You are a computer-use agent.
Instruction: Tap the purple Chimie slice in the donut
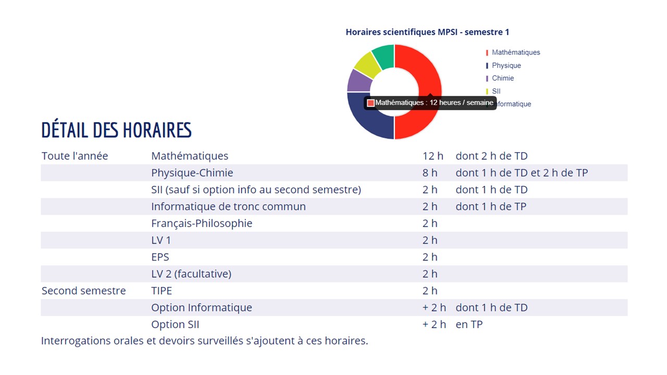(x=359, y=81)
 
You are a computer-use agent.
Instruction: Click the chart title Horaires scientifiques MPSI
(x=427, y=32)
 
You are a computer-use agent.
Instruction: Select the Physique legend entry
(x=506, y=66)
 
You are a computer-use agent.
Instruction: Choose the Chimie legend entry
(x=502, y=78)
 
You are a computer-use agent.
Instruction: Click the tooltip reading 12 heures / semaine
(x=430, y=103)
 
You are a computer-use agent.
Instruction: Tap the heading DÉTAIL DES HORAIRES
(x=116, y=130)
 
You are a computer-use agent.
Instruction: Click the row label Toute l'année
(x=75, y=156)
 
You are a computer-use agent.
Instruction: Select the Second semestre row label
(x=83, y=291)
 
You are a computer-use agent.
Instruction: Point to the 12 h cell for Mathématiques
(x=433, y=156)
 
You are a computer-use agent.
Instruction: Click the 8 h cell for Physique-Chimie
(x=430, y=173)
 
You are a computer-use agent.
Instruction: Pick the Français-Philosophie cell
(x=202, y=223)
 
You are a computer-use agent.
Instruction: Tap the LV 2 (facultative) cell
(x=191, y=274)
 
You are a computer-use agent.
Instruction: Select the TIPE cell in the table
(x=162, y=291)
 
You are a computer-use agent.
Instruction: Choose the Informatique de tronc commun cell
(x=228, y=207)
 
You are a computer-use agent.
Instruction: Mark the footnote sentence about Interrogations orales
(x=204, y=341)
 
